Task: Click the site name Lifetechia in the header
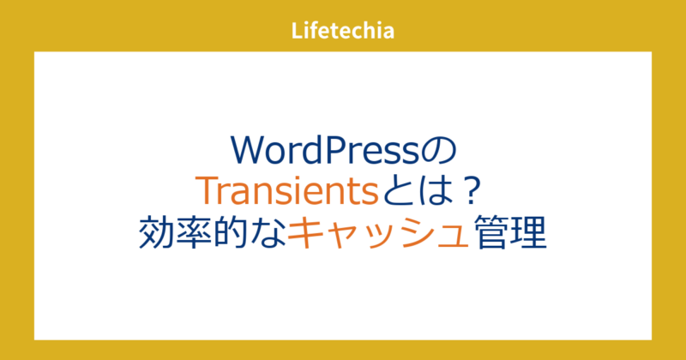[343, 33]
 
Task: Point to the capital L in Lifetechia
[297, 33]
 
